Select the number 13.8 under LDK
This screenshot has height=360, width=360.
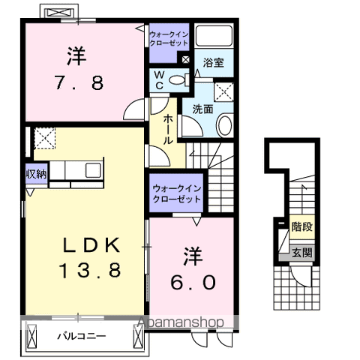click(x=91, y=269)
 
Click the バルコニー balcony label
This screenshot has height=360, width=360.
click(x=82, y=336)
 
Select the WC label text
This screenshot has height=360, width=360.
click(x=160, y=80)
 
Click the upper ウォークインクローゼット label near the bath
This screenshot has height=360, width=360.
click(x=168, y=39)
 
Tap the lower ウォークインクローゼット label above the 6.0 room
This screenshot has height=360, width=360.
click(x=175, y=194)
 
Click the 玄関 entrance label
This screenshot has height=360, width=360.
click(x=302, y=252)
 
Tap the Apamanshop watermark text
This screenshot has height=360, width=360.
click(x=181, y=322)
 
